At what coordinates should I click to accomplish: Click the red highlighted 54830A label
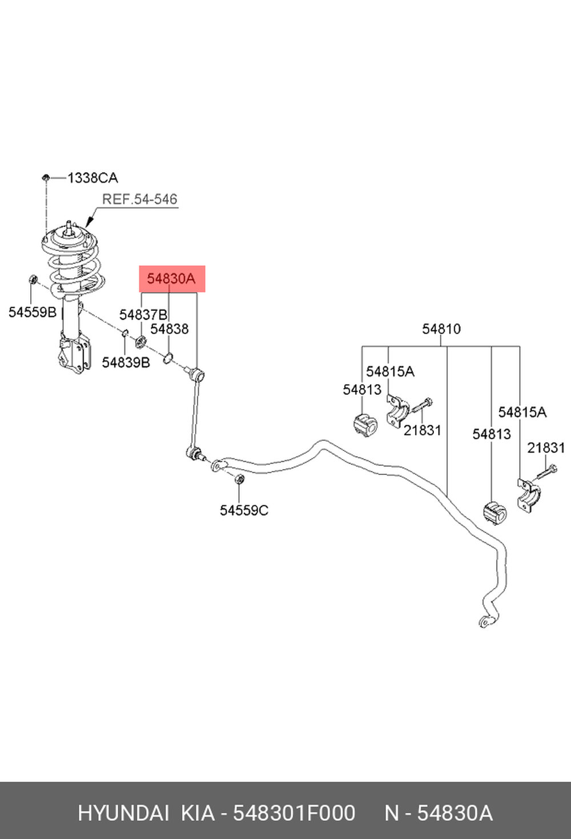click(172, 279)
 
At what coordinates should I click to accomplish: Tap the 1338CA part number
click(93, 178)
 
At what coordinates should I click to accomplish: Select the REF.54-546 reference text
click(139, 199)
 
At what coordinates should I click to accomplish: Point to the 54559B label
click(33, 312)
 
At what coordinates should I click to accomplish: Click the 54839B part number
click(126, 362)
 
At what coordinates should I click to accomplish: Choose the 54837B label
click(143, 315)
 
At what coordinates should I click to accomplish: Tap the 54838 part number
click(170, 329)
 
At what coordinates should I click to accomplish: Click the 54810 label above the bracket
click(441, 329)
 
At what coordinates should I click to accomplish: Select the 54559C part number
click(244, 510)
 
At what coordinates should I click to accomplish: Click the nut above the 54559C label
click(239, 479)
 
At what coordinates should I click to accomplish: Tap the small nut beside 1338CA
click(46, 178)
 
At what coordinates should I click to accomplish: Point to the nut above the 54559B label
click(33, 279)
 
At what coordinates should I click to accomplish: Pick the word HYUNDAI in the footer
click(123, 814)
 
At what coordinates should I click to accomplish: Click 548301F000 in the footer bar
click(295, 814)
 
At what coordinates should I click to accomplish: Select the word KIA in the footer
click(198, 814)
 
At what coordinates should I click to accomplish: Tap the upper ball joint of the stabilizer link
click(197, 373)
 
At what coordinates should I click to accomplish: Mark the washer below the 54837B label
click(140, 342)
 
